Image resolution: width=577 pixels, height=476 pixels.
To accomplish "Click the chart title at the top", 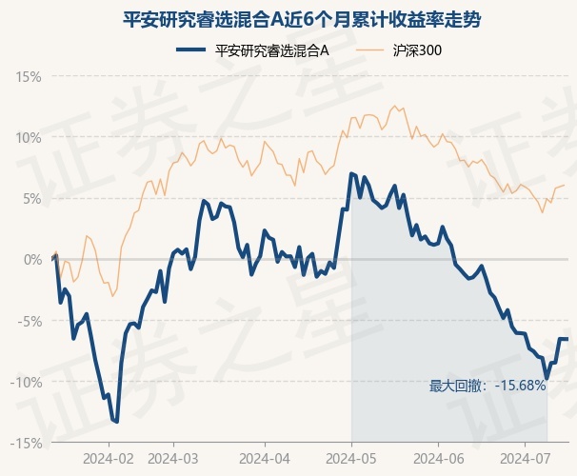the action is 302,19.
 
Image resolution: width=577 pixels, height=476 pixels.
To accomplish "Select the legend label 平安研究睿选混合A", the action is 271,50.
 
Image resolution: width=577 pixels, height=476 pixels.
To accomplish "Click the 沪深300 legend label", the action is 417,50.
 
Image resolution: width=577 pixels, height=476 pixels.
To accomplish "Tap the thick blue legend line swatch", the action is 190,50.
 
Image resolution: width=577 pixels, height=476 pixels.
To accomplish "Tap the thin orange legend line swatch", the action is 369,50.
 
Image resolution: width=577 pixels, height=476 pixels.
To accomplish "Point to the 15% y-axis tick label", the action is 28,77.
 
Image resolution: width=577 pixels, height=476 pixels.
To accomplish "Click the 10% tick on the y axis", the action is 28,138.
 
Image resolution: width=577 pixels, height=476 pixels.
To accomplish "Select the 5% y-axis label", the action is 32,199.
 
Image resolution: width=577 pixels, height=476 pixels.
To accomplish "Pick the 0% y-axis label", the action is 32,260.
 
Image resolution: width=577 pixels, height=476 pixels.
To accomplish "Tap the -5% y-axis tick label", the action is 30,321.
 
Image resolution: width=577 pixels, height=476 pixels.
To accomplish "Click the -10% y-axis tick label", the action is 26,382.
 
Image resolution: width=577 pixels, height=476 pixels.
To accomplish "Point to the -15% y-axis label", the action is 26,444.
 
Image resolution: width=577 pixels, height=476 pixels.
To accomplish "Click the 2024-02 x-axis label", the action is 109,459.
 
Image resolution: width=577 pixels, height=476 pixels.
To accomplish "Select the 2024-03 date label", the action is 173,459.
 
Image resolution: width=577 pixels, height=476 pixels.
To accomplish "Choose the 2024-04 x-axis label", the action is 265,459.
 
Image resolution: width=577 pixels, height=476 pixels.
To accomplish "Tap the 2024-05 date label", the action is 351,459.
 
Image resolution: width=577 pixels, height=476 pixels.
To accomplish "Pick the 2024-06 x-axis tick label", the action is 439,459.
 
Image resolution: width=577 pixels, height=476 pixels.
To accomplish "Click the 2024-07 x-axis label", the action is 526,459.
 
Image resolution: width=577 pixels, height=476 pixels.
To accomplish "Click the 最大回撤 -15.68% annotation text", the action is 487,386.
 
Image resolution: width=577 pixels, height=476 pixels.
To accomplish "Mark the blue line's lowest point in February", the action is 117,422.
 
